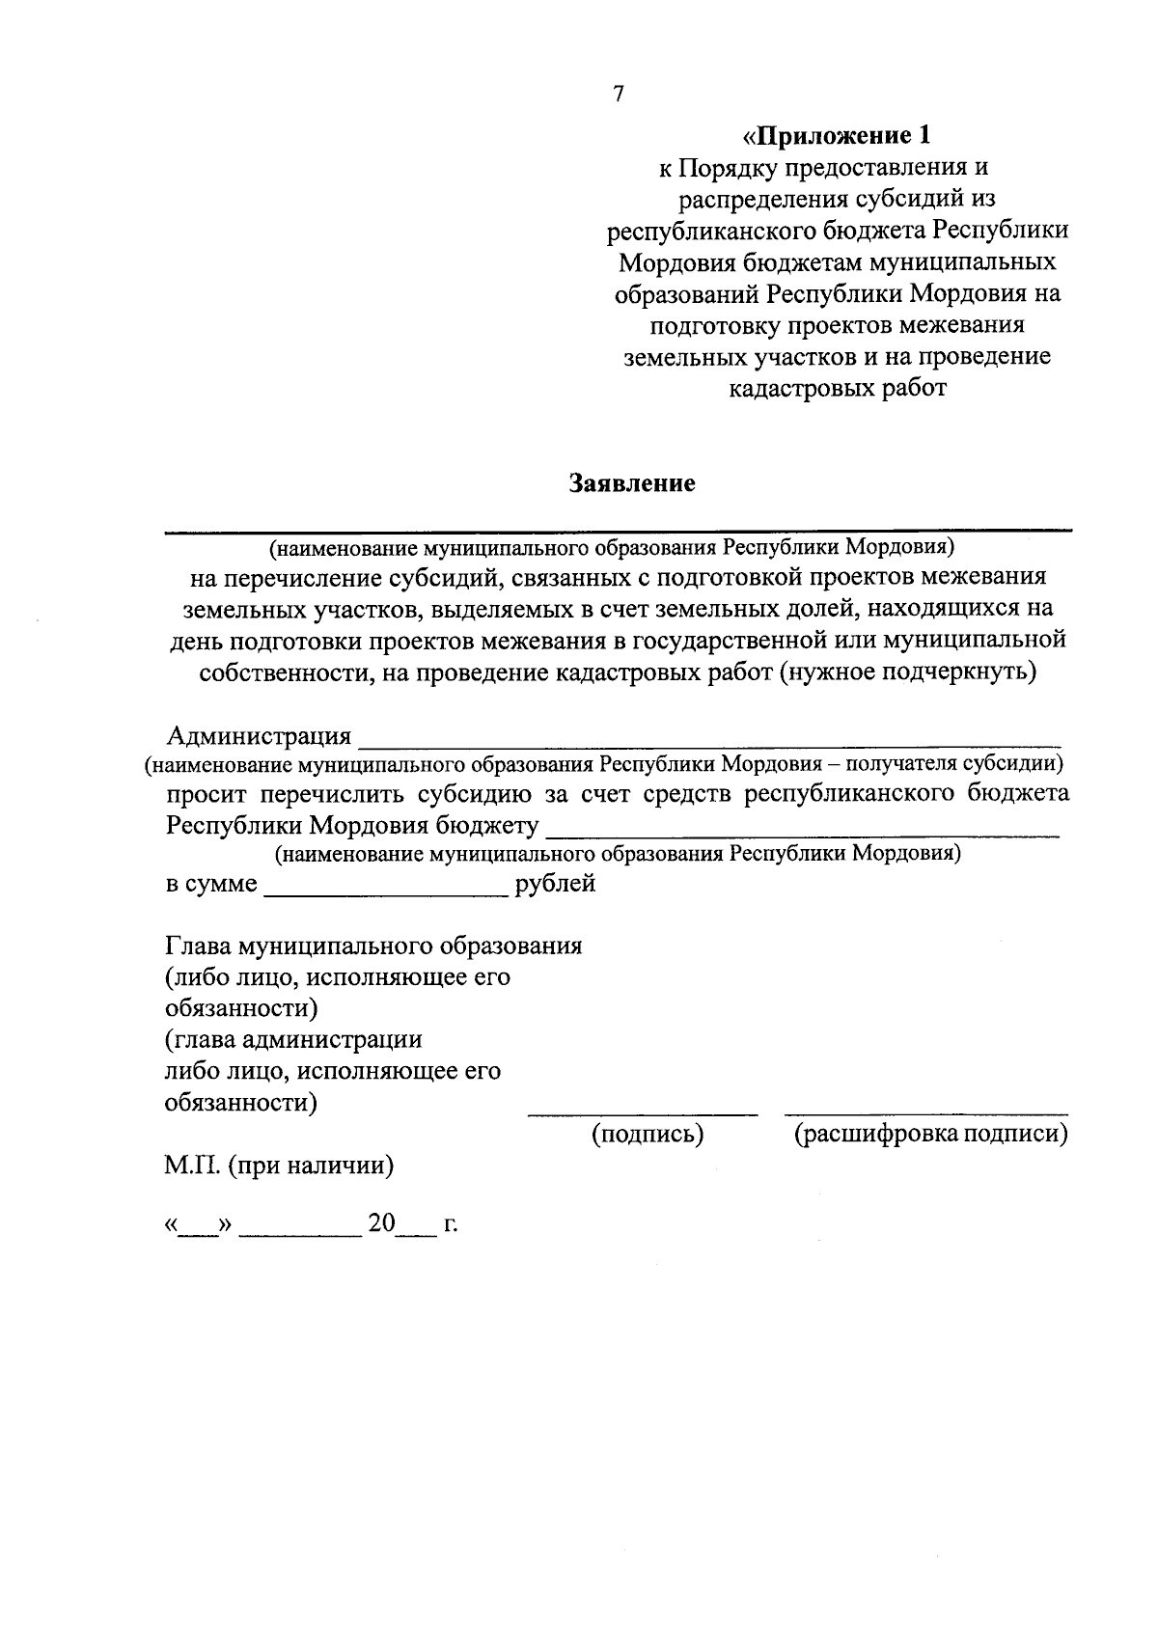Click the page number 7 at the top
click(619, 94)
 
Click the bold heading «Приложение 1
click(839, 134)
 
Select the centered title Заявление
click(632, 483)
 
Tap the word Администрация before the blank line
click(259, 736)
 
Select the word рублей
click(556, 883)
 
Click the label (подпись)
click(647, 1134)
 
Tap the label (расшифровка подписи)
click(930, 1134)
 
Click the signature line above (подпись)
click(642, 1114)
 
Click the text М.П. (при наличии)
click(279, 1166)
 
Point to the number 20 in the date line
click(381, 1223)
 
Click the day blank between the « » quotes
click(198, 1231)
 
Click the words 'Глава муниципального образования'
click(373, 945)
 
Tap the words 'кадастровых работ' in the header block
click(838, 388)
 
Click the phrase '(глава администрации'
click(293, 1039)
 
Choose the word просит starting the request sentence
click(207, 793)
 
